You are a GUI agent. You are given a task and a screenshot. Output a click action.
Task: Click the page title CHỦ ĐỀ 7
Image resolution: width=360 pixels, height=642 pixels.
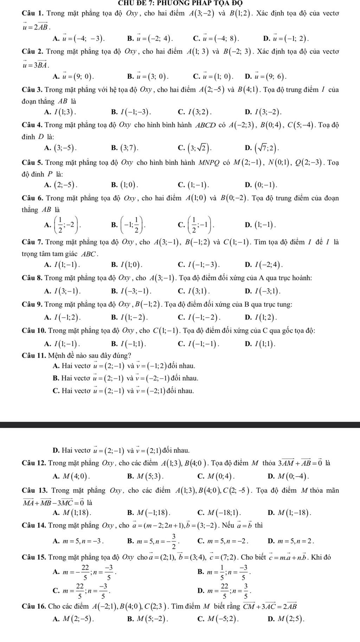pos(180,3)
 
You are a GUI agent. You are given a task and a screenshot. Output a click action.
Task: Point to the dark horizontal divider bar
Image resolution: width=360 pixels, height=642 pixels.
pos(180,425)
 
